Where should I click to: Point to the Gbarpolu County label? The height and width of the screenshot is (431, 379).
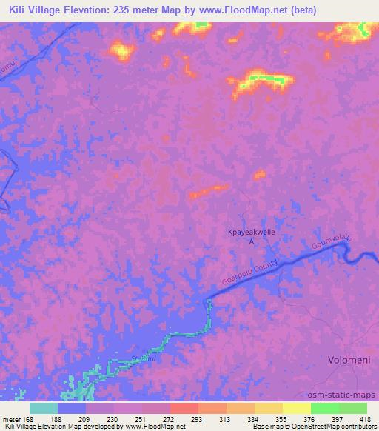249,273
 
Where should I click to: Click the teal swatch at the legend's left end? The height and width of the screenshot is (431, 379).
44,408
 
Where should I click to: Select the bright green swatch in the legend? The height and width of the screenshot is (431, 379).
325,408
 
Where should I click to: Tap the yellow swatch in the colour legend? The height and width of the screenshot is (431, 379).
297,408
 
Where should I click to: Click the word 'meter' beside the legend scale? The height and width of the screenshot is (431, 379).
13,418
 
